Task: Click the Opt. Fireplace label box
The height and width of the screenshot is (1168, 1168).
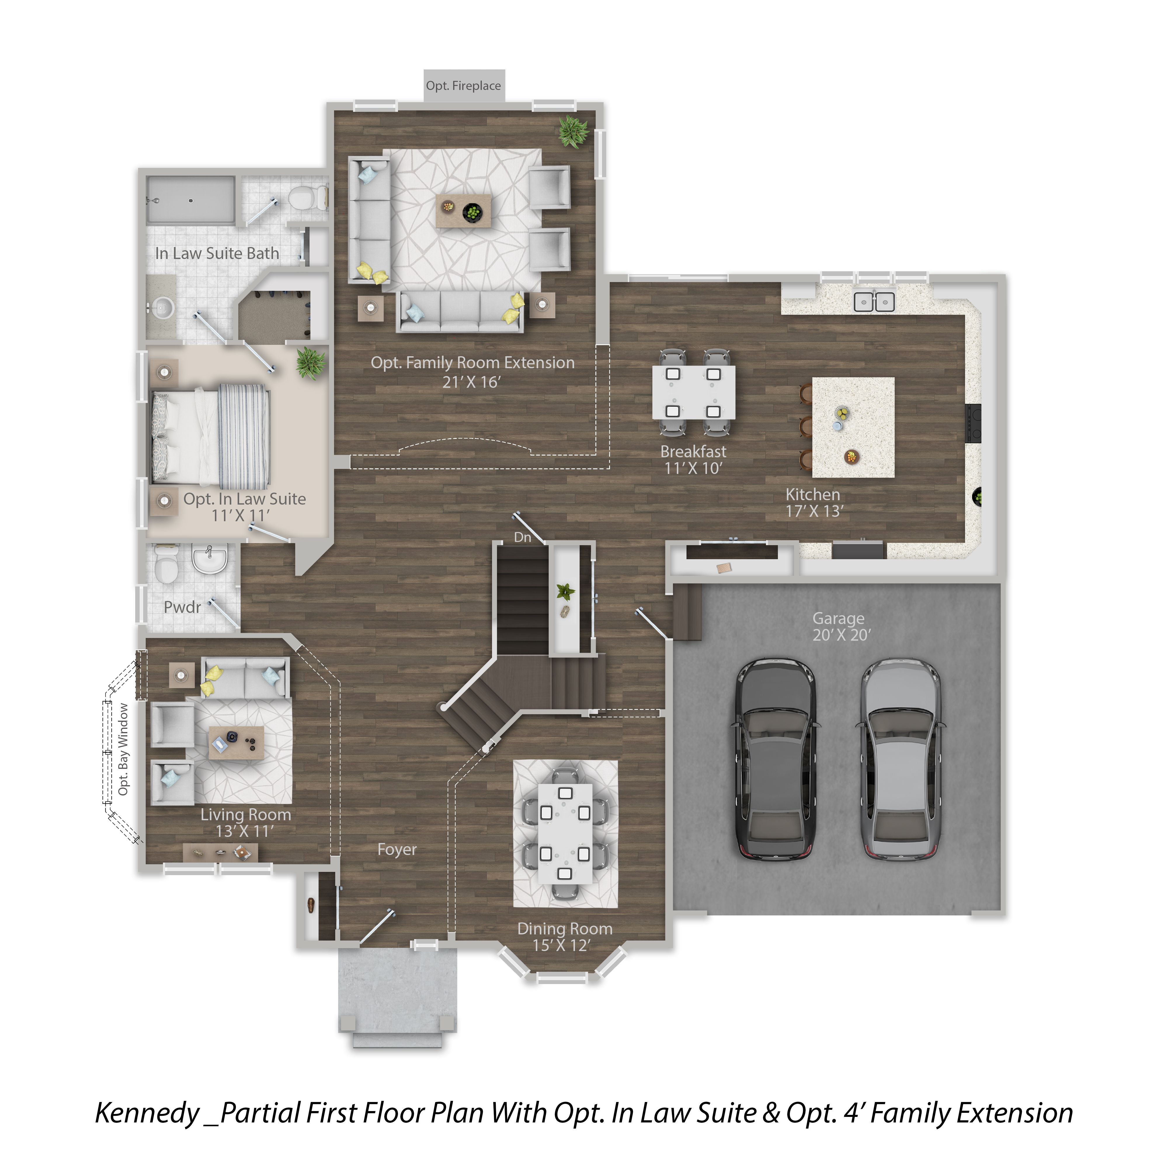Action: pos(464,86)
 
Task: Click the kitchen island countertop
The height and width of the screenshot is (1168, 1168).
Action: pos(853,427)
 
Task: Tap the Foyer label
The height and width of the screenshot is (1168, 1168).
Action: pos(397,849)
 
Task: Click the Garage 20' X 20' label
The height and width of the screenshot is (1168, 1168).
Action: pos(840,626)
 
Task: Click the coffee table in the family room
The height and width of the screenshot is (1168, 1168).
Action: pos(463,210)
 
